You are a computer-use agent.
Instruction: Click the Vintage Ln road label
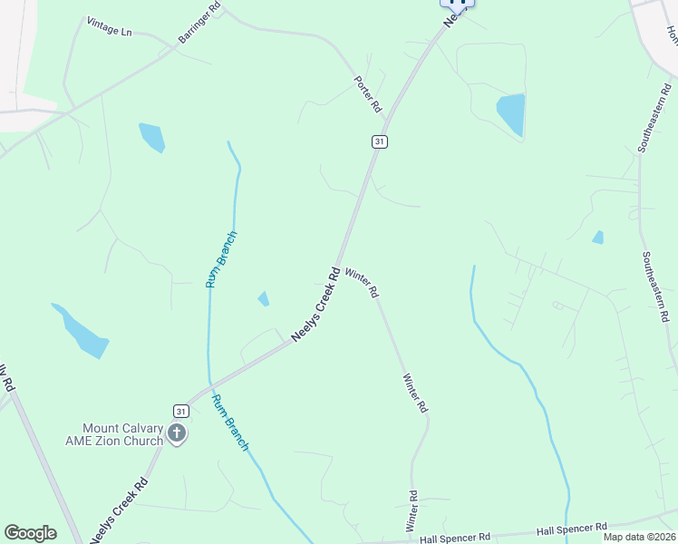pos(110,26)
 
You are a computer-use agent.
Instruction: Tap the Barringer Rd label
pos(199,24)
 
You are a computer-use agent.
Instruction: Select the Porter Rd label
pos(368,93)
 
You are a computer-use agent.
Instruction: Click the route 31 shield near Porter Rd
pos(379,141)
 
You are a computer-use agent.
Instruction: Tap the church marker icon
pos(176,434)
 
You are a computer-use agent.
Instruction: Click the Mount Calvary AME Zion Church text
pos(122,434)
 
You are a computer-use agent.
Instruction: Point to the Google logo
pos(30,533)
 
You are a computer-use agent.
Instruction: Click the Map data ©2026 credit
pos(639,537)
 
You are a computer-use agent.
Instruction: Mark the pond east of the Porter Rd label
pos(511,114)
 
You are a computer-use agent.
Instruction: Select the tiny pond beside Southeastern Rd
pos(597,238)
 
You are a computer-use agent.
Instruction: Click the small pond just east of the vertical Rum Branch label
pos(263,298)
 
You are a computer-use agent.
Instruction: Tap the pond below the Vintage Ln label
pos(151,137)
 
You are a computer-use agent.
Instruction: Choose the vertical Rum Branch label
pos(220,260)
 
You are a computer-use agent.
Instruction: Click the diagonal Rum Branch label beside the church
pos(230,423)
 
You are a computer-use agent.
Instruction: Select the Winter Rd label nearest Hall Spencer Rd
pos(412,511)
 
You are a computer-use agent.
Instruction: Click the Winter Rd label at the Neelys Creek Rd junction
pos(361,283)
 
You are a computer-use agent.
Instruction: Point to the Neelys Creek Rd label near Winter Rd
pos(315,303)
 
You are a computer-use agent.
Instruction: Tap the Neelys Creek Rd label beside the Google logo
pos(119,511)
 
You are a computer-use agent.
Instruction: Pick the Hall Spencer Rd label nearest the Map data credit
pos(571,528)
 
